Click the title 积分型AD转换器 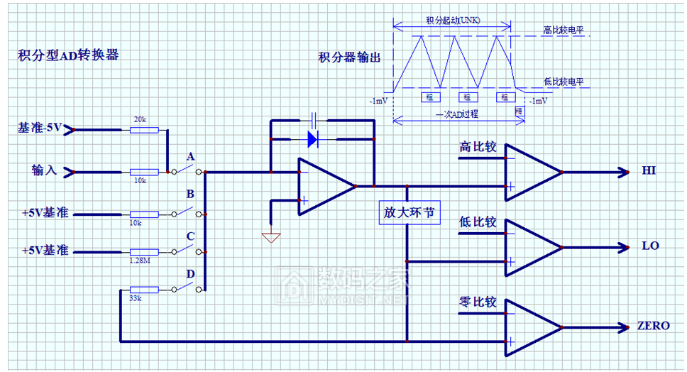(x=68, y=55)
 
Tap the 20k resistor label (x=140, y=120)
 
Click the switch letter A (x=190, y=156)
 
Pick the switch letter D (x=190, y=274)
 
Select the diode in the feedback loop (x=312, y=138)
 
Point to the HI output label (x=649, y=171)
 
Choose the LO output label (x=650, y=246)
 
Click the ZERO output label (x=653, y=327)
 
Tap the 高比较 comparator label (x=478, y=148)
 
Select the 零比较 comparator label (x=478, y=303)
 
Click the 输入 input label (x=43, y=171)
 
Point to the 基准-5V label (x=40, y=128)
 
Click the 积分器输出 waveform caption (x=349, y=58)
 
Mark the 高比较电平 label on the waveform (x=567, y=31)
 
